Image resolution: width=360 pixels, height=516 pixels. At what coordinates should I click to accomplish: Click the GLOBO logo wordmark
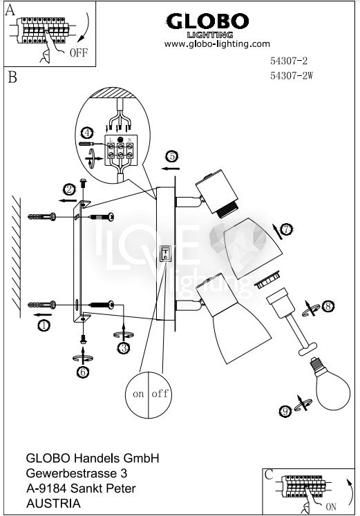[x=207, y=22]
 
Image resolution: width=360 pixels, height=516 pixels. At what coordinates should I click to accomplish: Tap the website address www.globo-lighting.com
[x=217, y=44]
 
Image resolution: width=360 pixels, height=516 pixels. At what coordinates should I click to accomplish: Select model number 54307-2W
[x=292, y=76]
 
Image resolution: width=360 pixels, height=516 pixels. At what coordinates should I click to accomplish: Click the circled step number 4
[x=87, y=133]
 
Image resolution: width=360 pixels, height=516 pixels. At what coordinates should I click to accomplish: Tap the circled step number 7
[x=287, y=229]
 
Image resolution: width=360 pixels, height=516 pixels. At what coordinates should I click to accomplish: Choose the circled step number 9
[x=285, y=411]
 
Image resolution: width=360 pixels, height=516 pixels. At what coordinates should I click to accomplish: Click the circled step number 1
[x=44, y=325]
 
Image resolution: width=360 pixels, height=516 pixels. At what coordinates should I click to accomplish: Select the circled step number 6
[x=83, y=372]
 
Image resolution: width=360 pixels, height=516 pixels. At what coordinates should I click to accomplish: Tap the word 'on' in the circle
[x=138, y=394]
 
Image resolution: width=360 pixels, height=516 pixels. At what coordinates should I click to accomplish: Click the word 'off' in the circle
[x=160, y=393]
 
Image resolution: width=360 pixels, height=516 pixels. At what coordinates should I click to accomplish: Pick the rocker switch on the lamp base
[x=165, y=254]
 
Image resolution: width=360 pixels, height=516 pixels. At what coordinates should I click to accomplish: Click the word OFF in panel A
[x=79, y=52]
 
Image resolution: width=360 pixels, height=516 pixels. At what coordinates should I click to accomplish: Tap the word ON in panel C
[x=331, y=506]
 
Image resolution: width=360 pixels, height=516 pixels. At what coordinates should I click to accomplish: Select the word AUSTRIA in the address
[x=53, y=504]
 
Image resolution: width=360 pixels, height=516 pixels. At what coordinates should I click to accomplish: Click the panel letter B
[x=12, y=77]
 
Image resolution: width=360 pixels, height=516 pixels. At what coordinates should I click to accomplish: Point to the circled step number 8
[x=328, y=307]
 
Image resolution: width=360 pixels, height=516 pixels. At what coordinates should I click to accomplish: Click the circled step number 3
[x=124, y=348]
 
